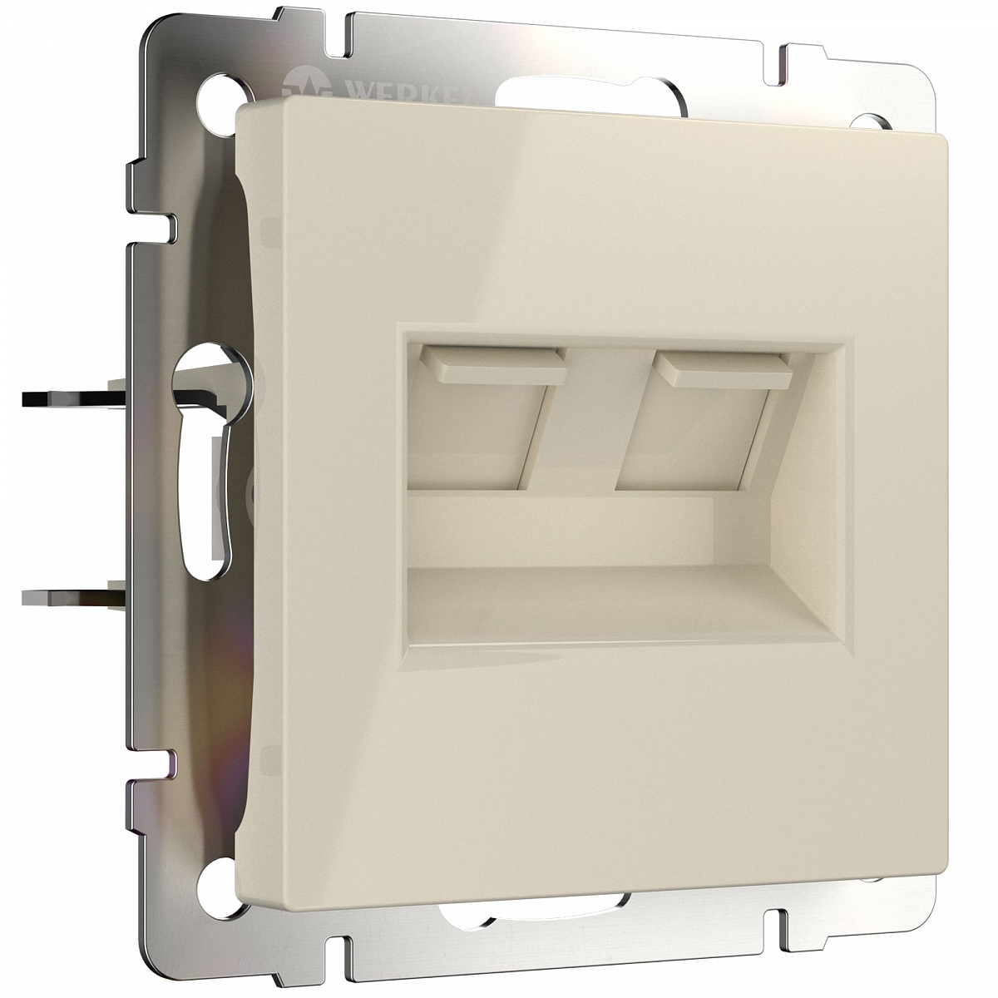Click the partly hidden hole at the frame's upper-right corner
(870, 121)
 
